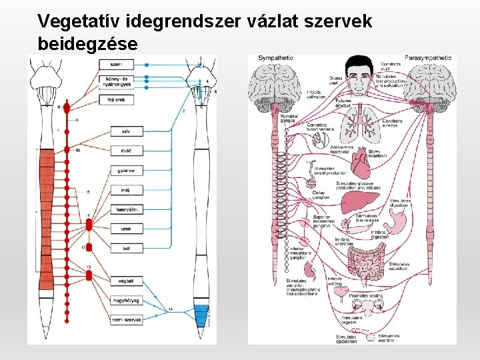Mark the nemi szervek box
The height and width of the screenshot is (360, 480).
(127, 320)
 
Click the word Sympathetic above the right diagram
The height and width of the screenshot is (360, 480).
(275, 58)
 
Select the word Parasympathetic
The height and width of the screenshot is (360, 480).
(427, 58)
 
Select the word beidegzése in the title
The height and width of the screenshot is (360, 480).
(89, 44)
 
